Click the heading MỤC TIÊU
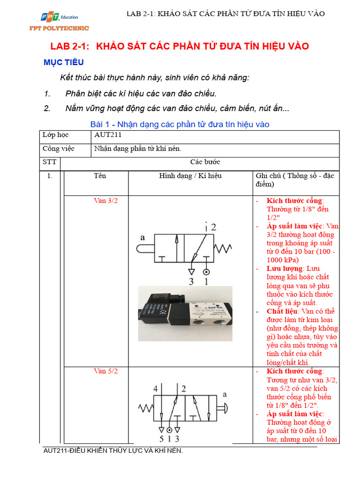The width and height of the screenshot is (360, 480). point(63,62)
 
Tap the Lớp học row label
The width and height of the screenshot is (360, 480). point(55,135)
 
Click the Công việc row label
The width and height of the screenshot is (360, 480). point(60,149)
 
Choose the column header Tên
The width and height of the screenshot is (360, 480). point(100,176)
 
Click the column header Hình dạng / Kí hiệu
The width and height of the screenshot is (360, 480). point(190,176)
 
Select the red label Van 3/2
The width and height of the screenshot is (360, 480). point(105,201)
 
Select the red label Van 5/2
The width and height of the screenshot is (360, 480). point(105,371)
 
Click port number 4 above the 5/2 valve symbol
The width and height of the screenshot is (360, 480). point(155,389)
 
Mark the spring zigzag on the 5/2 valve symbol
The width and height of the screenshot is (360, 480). point(146,407)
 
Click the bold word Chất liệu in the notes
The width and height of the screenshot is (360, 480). point(282,311)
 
